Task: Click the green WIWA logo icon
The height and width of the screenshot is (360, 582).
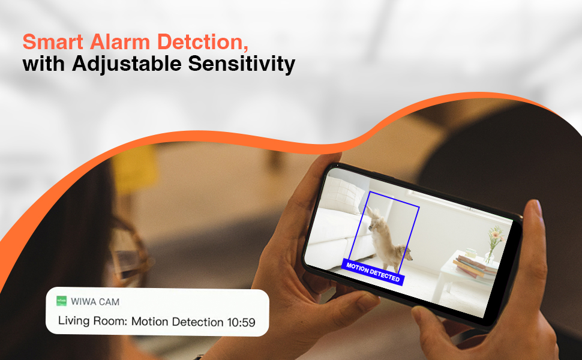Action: point(61,300)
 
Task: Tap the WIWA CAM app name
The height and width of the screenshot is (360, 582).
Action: point(94,300)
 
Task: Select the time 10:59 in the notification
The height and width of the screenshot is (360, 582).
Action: point(241,322)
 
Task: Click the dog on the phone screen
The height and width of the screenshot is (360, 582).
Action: point(387,240)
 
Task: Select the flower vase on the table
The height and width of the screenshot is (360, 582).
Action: point(493,246)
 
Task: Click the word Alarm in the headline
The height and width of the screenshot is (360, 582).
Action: point(115,43)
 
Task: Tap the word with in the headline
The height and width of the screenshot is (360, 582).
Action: point(44,64)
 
